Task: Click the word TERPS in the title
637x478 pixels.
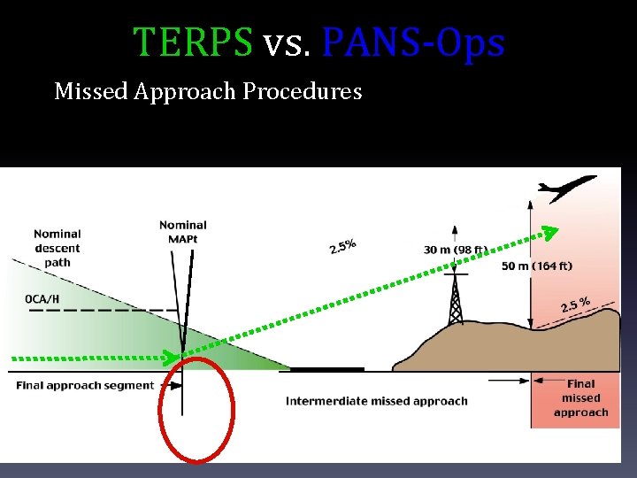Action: point(192,42)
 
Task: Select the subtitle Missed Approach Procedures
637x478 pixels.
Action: point(208,91)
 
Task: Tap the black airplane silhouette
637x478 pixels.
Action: point(567,189)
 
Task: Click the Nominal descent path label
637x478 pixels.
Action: point(58,248)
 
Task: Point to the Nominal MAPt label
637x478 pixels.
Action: point(183,232)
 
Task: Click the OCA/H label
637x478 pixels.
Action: point(42,298)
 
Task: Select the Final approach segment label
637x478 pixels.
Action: point(85,386)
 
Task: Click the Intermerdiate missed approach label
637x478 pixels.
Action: point(376,401)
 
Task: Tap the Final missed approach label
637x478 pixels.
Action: point(580,397)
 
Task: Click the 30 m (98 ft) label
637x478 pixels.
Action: point(455,250)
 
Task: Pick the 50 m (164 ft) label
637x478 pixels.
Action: point(537,266)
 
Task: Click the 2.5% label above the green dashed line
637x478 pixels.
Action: point(343,244)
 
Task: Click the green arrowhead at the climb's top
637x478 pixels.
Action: point(550,233)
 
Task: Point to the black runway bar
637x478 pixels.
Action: point(327,369)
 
